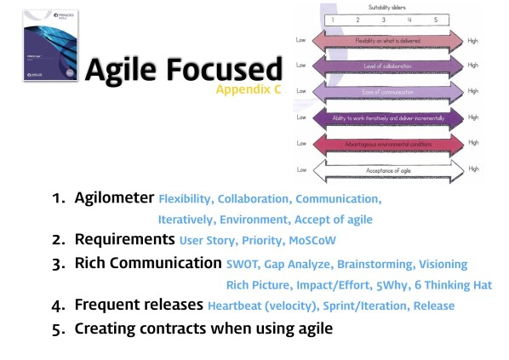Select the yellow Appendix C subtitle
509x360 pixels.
tap(248, 89)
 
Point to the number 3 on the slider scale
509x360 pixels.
tap(384, 19)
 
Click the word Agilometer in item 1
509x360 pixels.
tap(113, 198)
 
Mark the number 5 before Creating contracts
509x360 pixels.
tap(59, 328)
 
